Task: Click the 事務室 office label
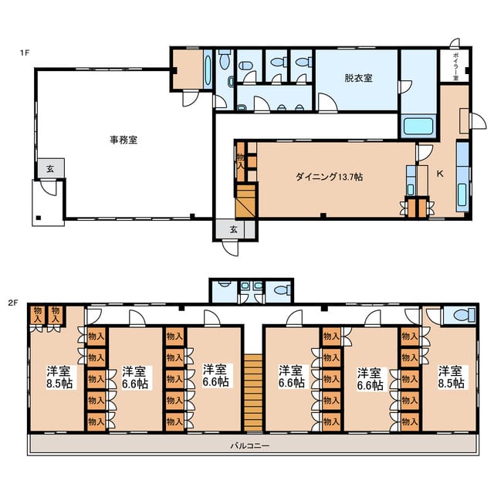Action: pyautogui.click(x=123, y=140)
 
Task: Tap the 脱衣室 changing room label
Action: pyautogui.click(x=358, y=78)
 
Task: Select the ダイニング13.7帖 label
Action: pyautogui.click(x=329, y=177)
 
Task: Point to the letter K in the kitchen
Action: pyautogui.click(x=440, y=174)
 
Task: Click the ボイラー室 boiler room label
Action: pyautogui.click(x=455, y=66)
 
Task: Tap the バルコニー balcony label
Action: pyautogui.click(x=250, y=446)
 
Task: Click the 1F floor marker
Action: pyautogui.click(x=25, y=52)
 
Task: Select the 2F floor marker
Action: pyautogui.click(x=14, y=303)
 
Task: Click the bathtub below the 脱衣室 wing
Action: pyautogui.click(x=418, y=127)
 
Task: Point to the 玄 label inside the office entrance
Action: pyautogui.click(x=50, y=169)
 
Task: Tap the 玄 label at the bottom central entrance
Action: pyautogui.click(x=233, y=230)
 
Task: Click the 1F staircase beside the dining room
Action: pyautogui.click(x=245, y=201)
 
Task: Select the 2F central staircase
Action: pyautogui.click(x=253, y=393)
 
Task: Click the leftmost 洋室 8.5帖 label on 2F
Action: pyautogui.click(x=59, y=377)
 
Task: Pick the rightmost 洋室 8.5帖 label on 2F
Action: pyautogui.click(x=451, y=377)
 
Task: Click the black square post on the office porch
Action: pyautogui.click(x=39, y=218)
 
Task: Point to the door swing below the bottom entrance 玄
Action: pyautogui.click(x=230, y=248)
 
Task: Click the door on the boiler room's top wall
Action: pyautogui.click(x=455, y=42)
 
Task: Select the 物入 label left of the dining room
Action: pyautogui.click(x=240, y=161)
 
